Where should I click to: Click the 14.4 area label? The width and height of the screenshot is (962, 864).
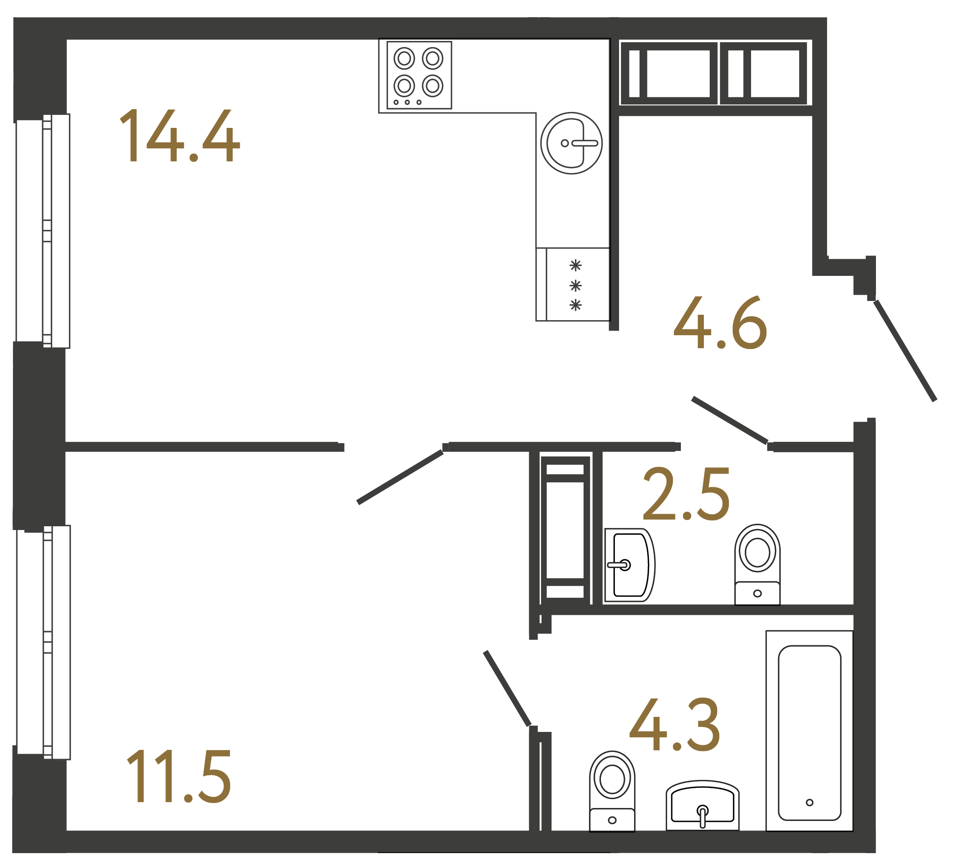179,136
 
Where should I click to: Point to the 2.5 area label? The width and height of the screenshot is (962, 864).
686,494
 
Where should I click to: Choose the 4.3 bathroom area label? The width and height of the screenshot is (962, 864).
675,725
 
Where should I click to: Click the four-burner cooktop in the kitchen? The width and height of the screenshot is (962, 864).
419,75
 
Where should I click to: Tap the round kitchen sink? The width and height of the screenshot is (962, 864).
571,143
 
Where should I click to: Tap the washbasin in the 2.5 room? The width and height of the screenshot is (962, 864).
629,565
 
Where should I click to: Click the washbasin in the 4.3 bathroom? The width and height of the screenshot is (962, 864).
703,805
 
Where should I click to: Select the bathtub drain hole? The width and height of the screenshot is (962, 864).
810,803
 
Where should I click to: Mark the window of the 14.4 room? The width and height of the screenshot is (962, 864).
43,231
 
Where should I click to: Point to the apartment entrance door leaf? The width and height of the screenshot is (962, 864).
905,351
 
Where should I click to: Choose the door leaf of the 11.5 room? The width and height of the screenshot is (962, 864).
400,477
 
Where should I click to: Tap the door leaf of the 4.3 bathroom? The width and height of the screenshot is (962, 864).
507,689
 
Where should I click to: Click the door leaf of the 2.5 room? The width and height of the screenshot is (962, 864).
730,420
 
